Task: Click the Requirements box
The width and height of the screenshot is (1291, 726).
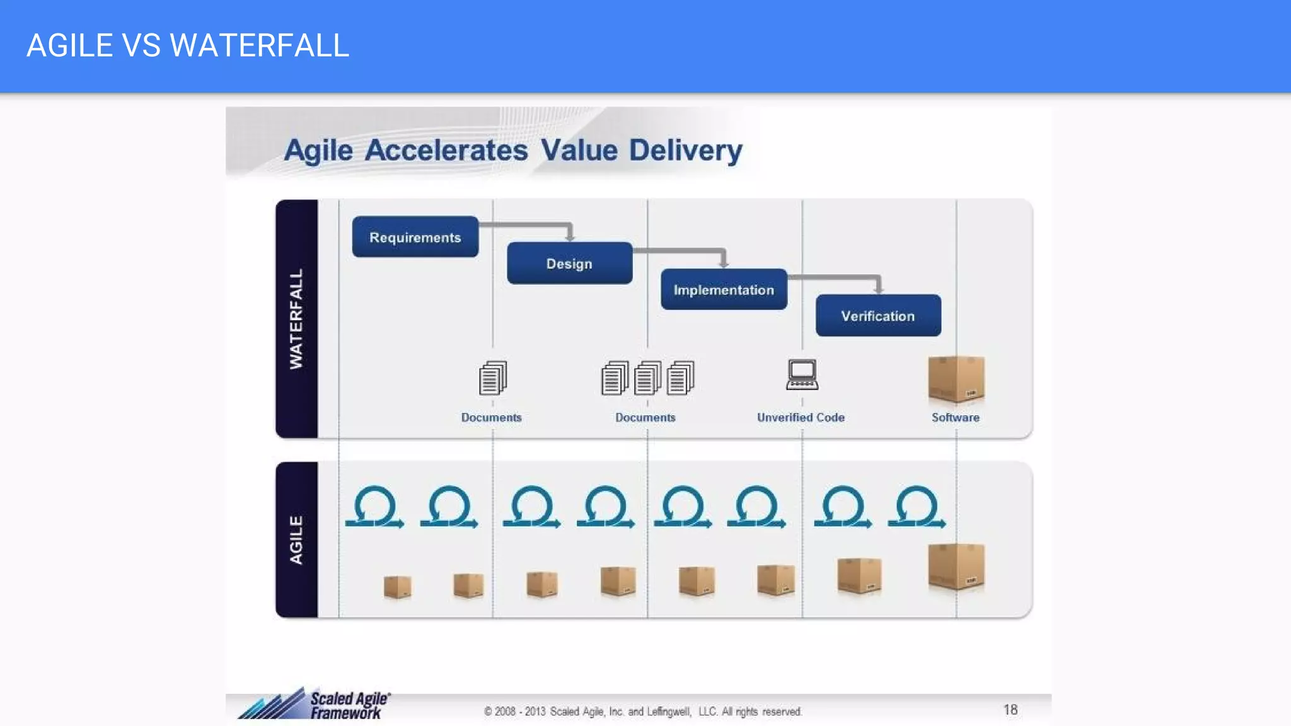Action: (415, 237)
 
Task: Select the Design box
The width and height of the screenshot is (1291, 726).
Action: (569, 263)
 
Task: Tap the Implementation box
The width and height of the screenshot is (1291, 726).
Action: (724, 290)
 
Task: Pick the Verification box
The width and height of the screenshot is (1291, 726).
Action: (877, 316)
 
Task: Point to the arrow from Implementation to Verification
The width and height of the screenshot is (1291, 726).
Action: (845, 277)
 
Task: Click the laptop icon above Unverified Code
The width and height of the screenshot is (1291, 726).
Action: (802, 375)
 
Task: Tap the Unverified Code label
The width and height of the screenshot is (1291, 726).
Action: (801, 417)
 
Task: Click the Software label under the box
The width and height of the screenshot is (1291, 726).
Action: (955, 417)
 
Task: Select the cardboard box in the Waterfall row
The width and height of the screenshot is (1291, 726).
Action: (956, 379)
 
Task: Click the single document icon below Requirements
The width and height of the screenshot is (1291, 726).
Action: (492, 377)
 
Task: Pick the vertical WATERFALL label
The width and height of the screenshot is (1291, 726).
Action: (296, 319)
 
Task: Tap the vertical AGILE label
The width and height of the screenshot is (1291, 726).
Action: (296, 540)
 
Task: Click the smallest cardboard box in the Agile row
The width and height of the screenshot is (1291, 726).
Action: (397, 586)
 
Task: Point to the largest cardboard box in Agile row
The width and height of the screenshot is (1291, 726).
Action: (956, 566)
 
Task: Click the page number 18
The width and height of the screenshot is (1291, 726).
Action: (1010, 710)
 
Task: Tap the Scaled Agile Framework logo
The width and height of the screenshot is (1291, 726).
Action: (315, 705)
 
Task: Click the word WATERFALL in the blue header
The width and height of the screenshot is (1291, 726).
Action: (259, 45)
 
